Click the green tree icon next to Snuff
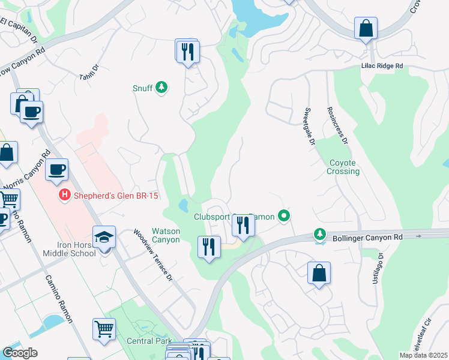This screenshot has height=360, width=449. [161, 88]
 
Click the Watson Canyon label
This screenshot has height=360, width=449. [166, 235]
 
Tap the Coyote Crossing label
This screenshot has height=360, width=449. [343, 167]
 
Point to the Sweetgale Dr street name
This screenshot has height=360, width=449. [310, 127]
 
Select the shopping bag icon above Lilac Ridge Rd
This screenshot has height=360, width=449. [366, 29]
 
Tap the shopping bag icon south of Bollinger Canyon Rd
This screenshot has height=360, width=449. [319, 273]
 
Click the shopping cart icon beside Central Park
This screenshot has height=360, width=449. [104, 329]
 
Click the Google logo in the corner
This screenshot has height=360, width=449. [20, 353]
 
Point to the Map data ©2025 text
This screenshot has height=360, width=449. [423, 355]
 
